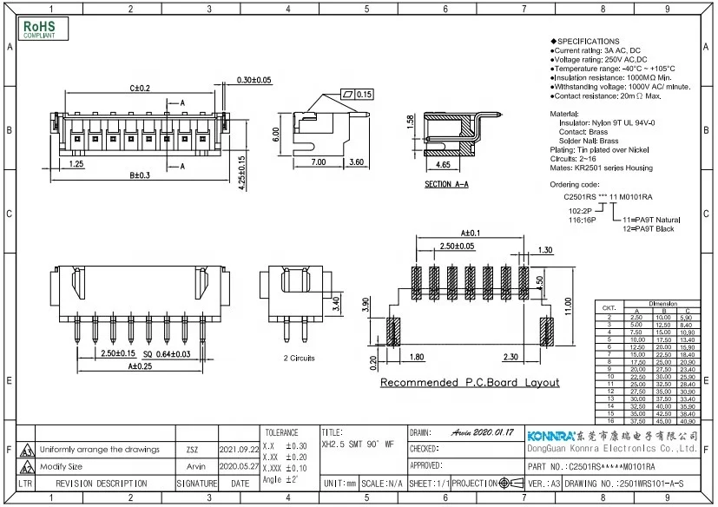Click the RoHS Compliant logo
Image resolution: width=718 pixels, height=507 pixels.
[x=39, y=29]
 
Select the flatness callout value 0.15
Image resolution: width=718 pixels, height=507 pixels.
[x=364, y=94]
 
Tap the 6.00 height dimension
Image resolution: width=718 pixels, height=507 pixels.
[x=276, y=134]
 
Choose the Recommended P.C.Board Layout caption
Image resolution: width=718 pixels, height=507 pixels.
[x=469, y=383]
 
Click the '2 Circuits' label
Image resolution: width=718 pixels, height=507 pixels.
[x=298, y=357]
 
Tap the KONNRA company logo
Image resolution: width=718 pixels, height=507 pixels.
[x=551, y=435]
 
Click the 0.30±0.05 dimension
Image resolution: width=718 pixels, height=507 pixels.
[x=254, y=80]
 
